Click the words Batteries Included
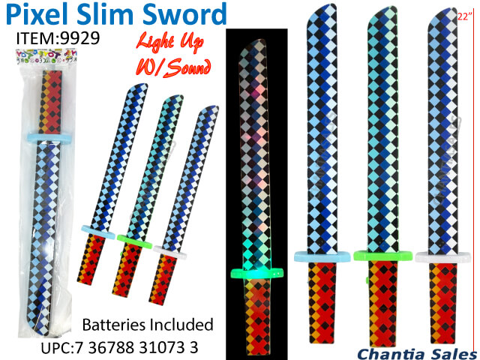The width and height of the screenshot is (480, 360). [x=148, y=325]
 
